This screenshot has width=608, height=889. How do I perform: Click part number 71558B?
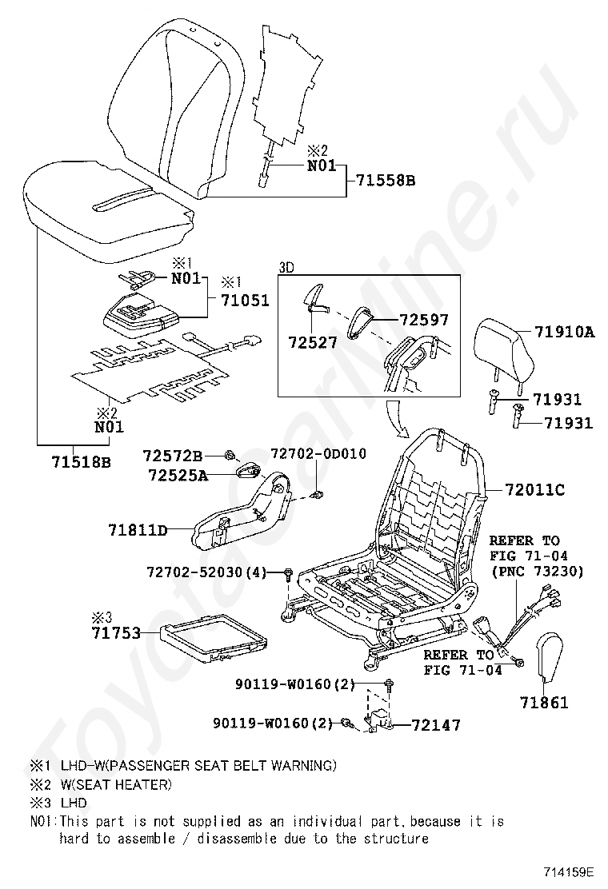point(386,181)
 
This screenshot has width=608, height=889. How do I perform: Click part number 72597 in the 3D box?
point(424,320)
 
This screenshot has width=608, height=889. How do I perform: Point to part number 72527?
point(313,342)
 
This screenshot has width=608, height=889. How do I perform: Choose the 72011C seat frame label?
point(534,490)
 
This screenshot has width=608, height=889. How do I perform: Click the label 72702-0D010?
point(318,453)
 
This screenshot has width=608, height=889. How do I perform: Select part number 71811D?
point(138,529)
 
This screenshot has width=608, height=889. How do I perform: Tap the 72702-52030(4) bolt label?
point(206,572)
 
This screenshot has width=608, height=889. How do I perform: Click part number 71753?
point(114,633)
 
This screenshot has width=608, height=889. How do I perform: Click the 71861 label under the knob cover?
point(544,703)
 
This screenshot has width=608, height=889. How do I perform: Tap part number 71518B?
point(81,462)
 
